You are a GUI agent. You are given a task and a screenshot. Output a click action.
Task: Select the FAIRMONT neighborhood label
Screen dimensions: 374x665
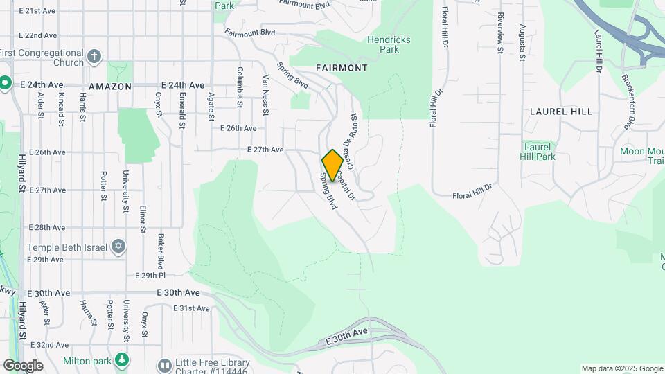(x=342, y=68)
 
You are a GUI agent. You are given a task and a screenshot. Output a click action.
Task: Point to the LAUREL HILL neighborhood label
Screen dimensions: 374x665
(x=561, y=111)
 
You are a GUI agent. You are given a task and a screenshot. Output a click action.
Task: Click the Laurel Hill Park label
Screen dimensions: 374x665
(x=538, y=152)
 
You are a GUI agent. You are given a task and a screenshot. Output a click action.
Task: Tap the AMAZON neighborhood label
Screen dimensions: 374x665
(x=110, y=87)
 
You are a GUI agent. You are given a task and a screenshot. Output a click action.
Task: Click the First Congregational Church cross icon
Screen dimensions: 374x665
(x=95, y=57)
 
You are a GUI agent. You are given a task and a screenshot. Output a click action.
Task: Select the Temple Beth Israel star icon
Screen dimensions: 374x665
(x=118, y=247)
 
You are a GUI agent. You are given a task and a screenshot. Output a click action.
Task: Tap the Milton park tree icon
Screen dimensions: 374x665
(x=123, y=359)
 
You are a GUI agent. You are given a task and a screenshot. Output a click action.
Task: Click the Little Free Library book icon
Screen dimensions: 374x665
(x=164, y=364)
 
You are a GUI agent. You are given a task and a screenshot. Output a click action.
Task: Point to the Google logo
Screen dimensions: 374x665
(x=23, y=366)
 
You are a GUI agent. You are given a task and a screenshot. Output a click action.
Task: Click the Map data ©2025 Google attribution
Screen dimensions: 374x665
(x=621, y=368)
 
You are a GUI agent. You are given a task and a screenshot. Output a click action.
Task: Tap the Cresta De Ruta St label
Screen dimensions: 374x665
(x=352, y=141)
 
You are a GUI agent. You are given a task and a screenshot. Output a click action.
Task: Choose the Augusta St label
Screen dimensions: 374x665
(x=522, y=43)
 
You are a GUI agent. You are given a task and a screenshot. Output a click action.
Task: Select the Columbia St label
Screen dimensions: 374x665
(x=240, y=87)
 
